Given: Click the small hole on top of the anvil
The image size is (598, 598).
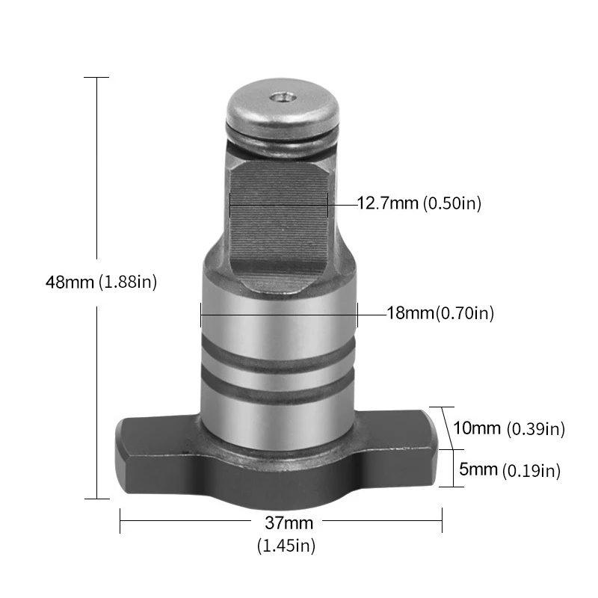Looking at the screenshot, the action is pos(283,98).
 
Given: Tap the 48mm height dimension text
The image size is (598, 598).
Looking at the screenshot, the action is pos(70,283).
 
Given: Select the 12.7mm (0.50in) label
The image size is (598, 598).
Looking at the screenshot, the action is pos(419,203).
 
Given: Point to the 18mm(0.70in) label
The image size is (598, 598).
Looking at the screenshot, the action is pos(440,313).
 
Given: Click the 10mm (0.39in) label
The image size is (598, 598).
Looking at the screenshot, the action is pos(509,428).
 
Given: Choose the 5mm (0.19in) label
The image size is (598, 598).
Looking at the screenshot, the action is pos(510,470).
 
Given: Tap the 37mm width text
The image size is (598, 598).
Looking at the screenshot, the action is pos(289,523).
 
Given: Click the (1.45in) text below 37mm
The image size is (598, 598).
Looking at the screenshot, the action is pos(286,546).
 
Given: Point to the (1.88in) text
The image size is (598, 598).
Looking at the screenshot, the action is pos(128,283).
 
